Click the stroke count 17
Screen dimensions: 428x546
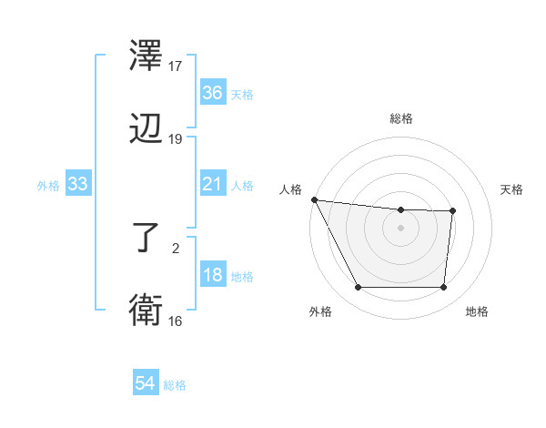[176, 66]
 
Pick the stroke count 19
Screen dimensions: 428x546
[176, 139]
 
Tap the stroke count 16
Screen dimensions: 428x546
[176, 321]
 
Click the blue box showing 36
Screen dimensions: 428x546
[212, 93]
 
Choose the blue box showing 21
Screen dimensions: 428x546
[212, 185]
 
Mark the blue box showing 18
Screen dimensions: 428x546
[212, 276]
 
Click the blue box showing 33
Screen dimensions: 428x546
[78, 185]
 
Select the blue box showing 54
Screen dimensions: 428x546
[145, 384]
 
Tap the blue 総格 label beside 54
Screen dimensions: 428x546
[175, 385]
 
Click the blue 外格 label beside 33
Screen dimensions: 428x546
[48, 186]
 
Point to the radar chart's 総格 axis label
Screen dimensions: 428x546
[400, 118]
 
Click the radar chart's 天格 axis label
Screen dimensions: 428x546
[511, 189]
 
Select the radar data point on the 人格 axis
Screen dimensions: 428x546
[314, 199]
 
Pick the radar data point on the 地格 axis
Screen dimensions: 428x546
[443, 288]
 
